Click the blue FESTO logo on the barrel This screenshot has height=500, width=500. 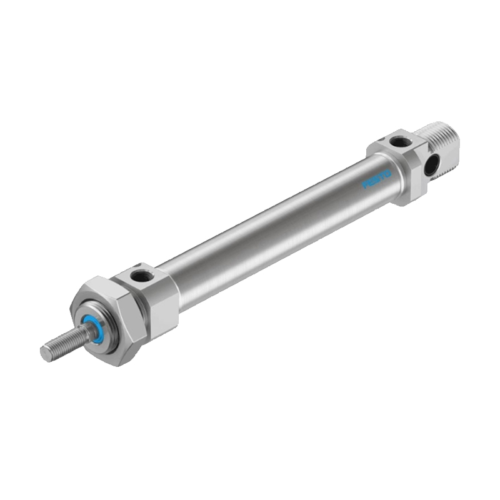coord(377,179)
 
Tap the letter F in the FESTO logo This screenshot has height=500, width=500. coord(365,185)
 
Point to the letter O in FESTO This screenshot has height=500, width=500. coord(387,174)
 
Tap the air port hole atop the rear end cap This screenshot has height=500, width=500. coord(398,141)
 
